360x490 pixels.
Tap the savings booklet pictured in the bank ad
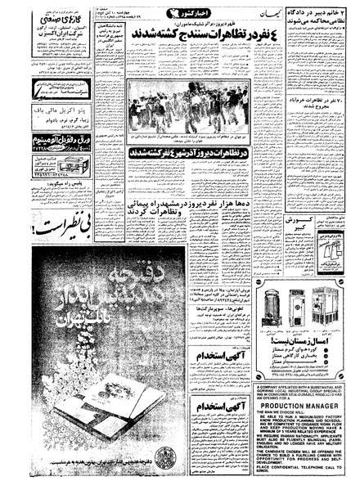(x=57, y=425)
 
